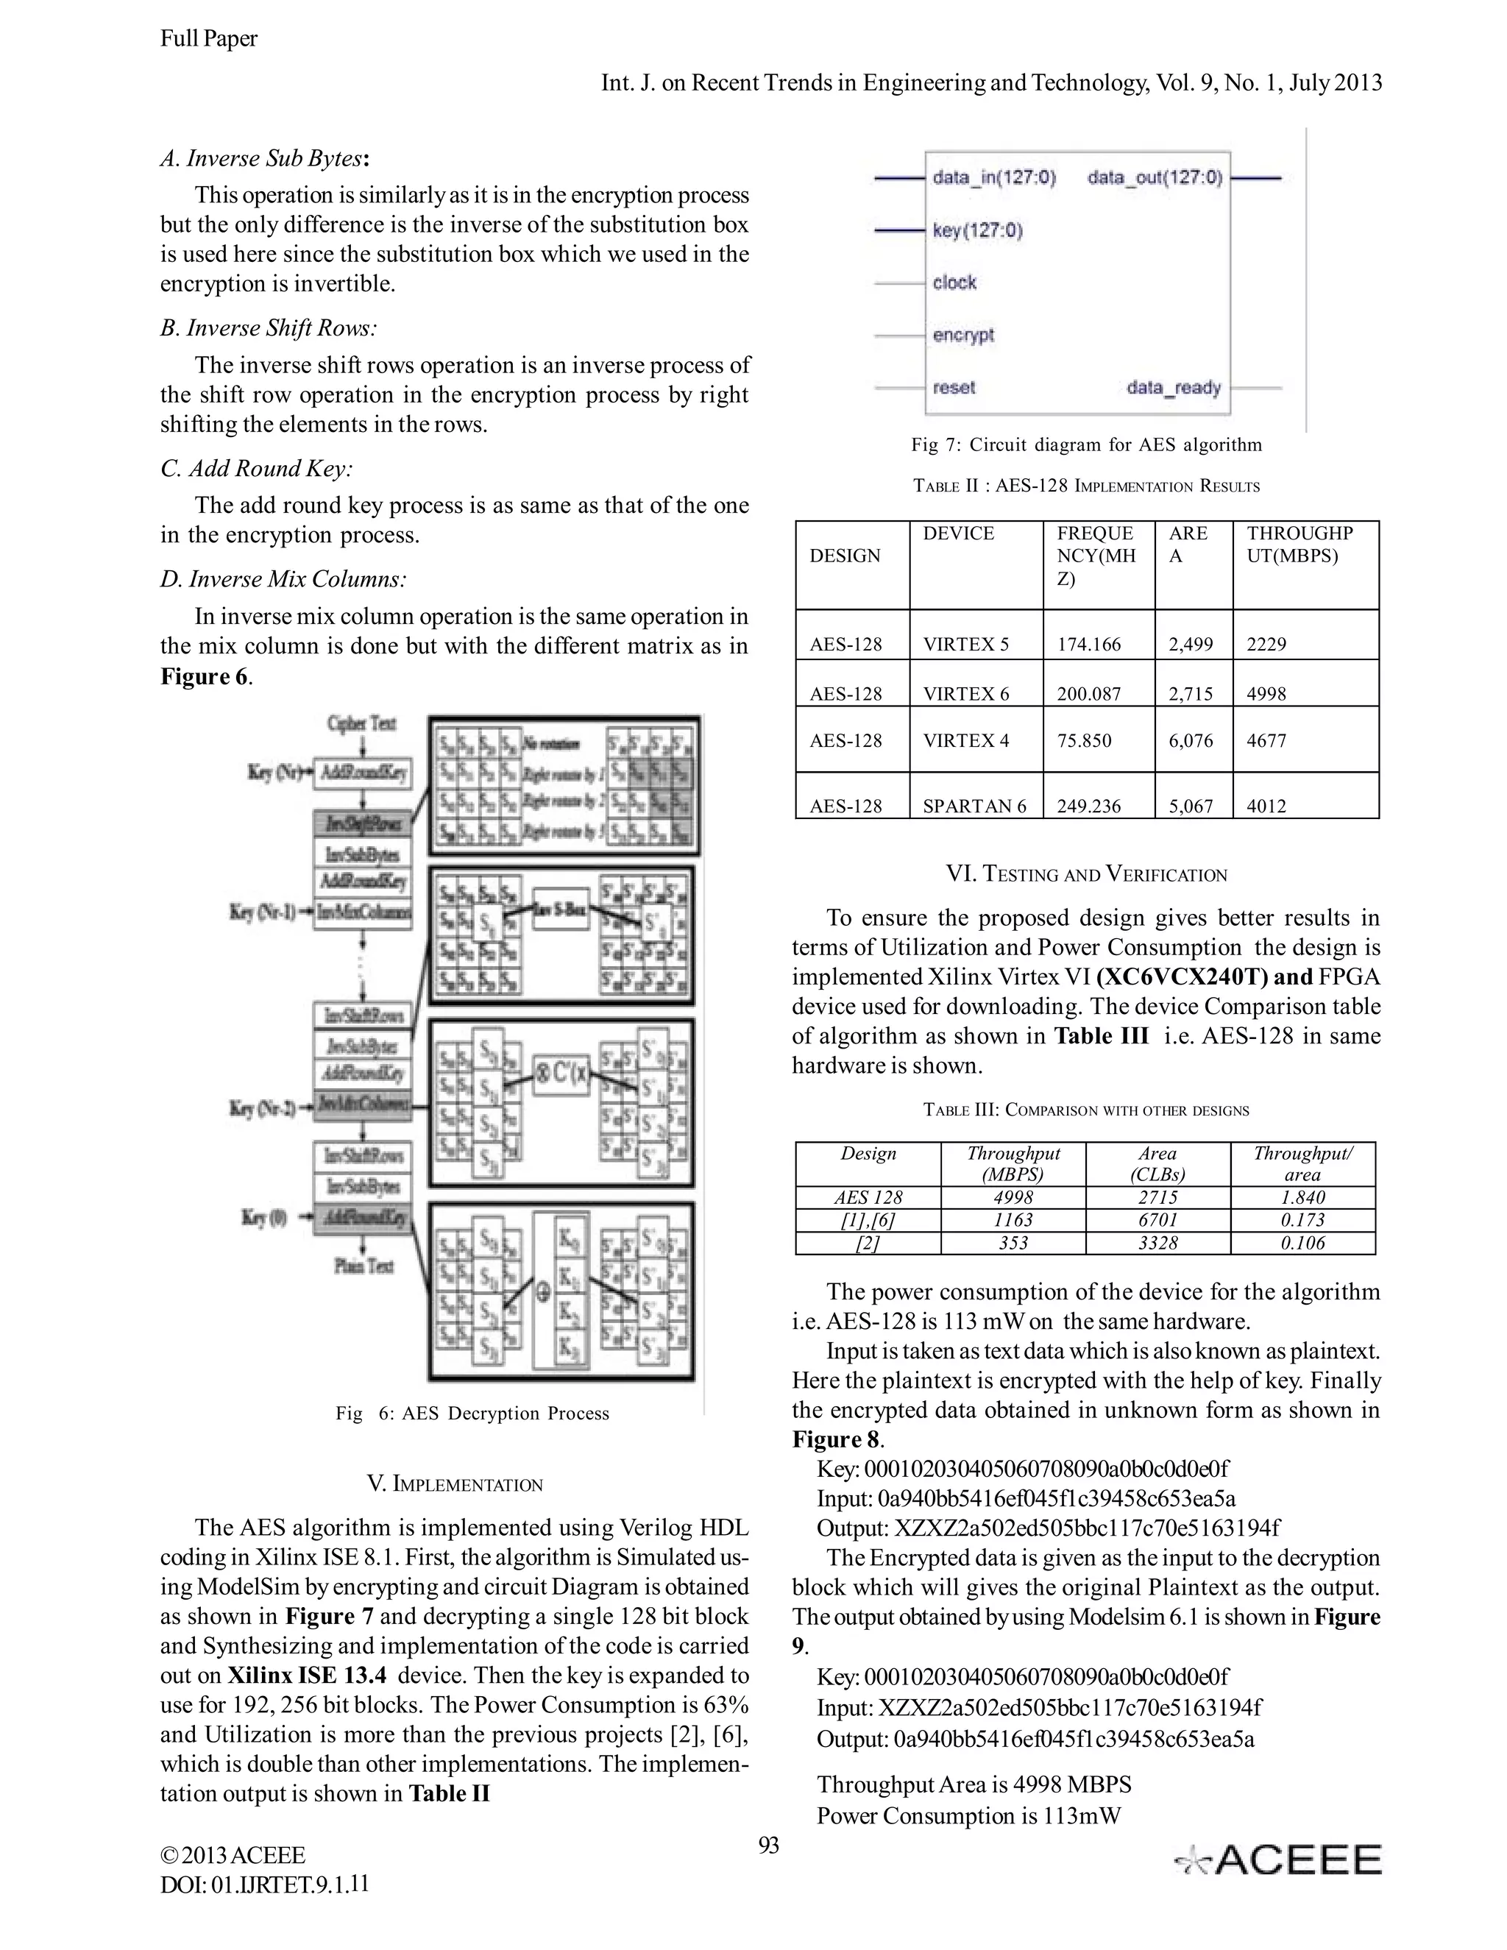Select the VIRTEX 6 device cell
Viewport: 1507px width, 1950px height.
(x=966, y=693)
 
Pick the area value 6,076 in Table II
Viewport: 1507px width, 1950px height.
(x=1191, y=740)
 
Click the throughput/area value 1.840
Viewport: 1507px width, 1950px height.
(x=1302, y=1197)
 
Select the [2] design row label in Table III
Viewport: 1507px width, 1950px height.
(x=868, y=1243)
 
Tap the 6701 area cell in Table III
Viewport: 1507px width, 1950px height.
(x=1158, y=1219)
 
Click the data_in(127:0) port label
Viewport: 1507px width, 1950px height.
(x=993, y=177)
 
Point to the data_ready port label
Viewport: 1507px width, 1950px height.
(x=1173, y=388)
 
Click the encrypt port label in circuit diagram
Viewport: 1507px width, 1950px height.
(x=962, y=335)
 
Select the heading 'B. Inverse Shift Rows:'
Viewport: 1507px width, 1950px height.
(x=268, y=329)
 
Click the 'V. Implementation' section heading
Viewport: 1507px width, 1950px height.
(x=455, y=1484)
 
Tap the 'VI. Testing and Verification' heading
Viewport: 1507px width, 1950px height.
(x=1087, y=874)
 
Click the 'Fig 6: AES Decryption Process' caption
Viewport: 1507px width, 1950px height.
(x=472, y=1414)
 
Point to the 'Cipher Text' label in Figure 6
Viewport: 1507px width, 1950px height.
(x=361, y=723)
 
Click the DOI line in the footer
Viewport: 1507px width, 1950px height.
(x=264, y=1884)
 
